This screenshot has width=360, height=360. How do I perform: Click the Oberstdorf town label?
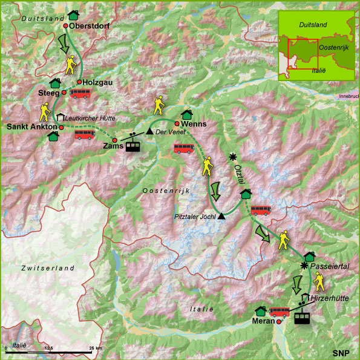click(90, 26)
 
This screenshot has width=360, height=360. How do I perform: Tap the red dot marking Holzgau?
click(79, 82)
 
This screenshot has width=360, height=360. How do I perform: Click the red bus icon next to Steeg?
click(80, 94)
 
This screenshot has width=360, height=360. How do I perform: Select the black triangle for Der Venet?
click(149, 131)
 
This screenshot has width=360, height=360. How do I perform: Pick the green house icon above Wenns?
click(186, 114)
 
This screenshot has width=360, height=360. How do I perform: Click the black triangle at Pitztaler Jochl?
click(222, 216)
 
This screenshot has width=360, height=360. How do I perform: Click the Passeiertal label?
click(330, 266)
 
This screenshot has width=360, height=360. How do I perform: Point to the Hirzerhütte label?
click(329, 299)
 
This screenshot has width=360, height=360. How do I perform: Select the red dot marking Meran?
click(278, 322)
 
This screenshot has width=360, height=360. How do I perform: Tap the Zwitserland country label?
click(47, 267)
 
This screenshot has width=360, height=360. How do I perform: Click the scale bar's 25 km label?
click(96, 349)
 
